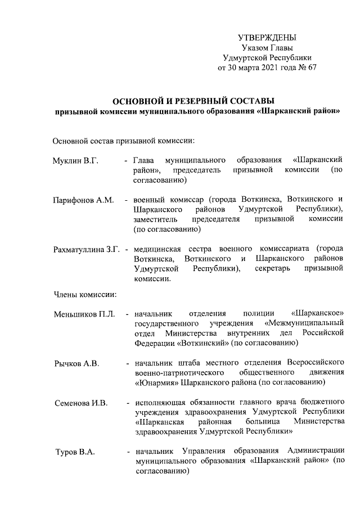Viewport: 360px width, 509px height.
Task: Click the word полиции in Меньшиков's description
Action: point(259,313)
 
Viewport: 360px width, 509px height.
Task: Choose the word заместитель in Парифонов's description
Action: point(155,219)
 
